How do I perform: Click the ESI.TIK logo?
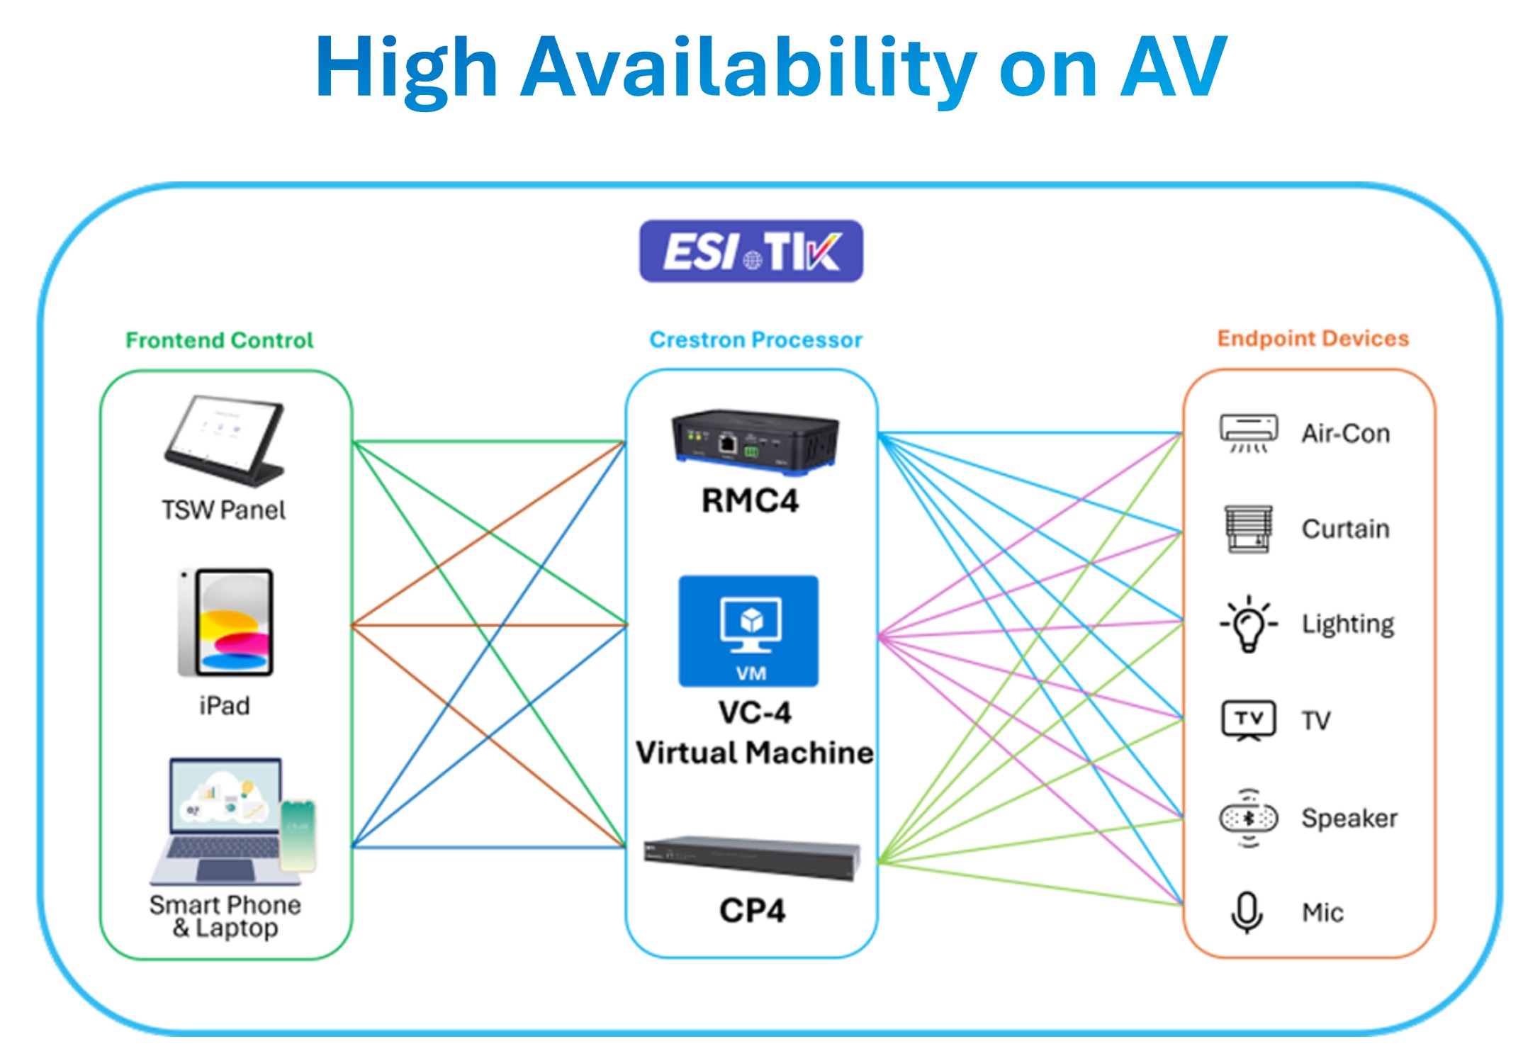[751, 252]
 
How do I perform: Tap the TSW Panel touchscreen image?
[225, 440]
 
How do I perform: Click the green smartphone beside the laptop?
[298, 836]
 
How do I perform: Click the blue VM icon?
[748, 631]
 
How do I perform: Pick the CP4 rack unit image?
[752, 858]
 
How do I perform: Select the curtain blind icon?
[1248, 529]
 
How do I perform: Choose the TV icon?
[1249, 720]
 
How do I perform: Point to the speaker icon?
[1249, 818]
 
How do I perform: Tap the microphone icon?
[1247, 911]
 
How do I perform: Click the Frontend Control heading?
[220, 340]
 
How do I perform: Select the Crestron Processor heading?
[755, 340]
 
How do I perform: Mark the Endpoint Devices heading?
[1313, 339]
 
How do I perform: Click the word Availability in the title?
[748, 67]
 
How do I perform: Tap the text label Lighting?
[1347, 624]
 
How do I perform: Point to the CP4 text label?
[752, 911]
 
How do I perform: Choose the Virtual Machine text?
[754, 753]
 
